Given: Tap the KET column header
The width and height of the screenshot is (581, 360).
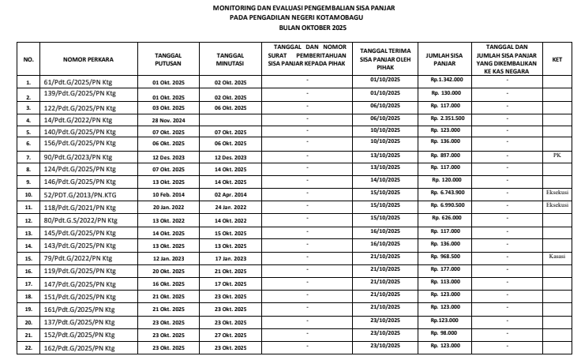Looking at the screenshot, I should tap(557, 59).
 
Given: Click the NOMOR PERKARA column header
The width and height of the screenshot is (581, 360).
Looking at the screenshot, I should tap(89, 59).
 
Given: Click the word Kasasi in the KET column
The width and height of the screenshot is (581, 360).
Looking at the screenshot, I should tap(557, 257).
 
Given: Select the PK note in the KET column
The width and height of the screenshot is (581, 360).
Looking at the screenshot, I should tap(557, 156).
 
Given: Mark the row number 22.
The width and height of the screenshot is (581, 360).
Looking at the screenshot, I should tap(28, 348).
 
